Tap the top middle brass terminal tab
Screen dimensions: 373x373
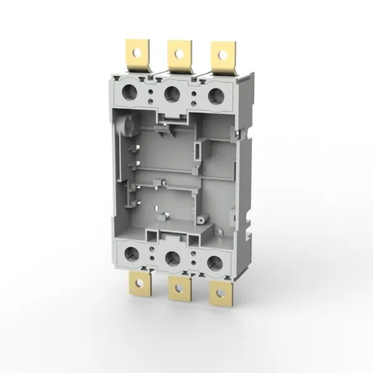click(x=179, y=55)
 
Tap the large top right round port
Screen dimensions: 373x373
click(x=215, y=95)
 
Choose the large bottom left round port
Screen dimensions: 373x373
click(x=132, y=253)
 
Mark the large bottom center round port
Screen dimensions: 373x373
click(x=173, y=257)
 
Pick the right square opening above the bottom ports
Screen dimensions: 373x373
click(x=190, y=237)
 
